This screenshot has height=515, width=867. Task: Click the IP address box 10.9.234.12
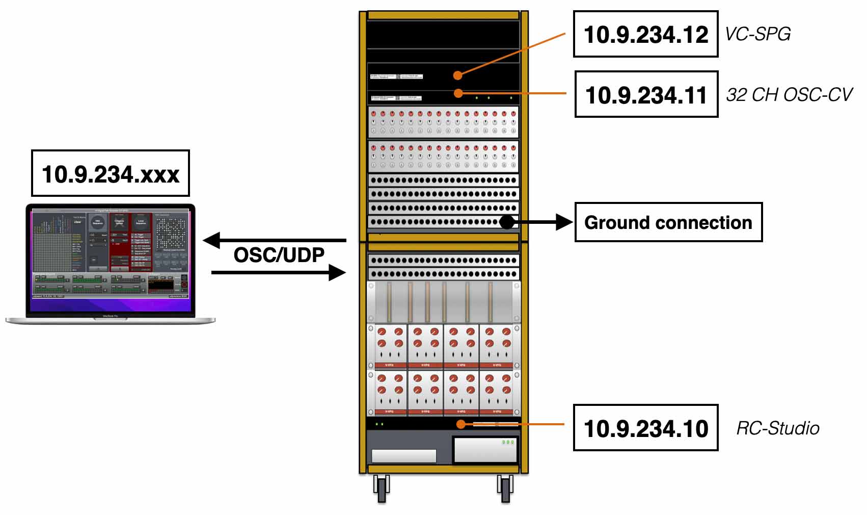[645, 34]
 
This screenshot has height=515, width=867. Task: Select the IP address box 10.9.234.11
[646, 94]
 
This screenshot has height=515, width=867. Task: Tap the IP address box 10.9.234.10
[645, 428]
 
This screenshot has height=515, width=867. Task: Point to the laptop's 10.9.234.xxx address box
[111, 173]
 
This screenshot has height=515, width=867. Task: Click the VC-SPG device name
[757, 34]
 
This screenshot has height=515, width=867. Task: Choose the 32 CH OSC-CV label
[789, 94]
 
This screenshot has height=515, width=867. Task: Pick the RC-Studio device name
[777, 428]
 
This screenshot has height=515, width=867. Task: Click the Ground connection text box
[668, 222]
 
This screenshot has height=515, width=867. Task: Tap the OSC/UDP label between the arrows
[279, 255]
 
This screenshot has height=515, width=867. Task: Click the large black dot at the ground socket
[507, 222]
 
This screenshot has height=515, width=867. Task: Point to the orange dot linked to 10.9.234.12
[458, 75]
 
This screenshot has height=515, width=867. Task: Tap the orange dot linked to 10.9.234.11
[458, 93]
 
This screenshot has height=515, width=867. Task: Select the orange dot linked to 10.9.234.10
[460, 424]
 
